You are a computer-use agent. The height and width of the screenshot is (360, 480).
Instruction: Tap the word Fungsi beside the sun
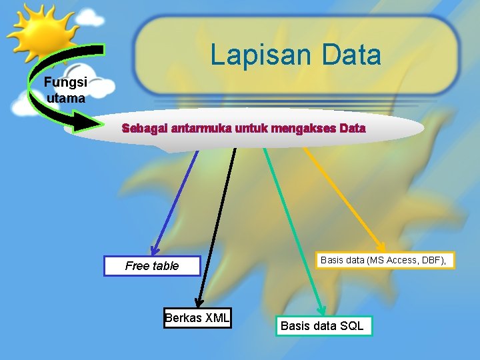tap(65, 83)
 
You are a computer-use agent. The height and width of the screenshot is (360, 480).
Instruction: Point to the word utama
tap(66, 98)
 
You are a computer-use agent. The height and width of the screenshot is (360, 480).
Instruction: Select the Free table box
tap(152, 266)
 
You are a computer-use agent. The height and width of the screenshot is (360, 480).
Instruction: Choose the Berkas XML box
tap(197, 318)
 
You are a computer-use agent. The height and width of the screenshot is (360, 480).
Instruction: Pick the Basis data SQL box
tap(323, 326)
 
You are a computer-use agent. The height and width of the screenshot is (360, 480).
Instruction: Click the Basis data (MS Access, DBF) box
tap(384, 260)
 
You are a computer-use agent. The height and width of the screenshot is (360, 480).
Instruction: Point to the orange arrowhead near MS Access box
tap(380, 245)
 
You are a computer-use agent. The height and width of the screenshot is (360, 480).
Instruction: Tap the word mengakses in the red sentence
tap(301, 129)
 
